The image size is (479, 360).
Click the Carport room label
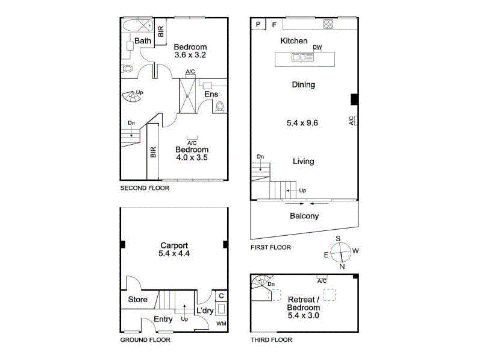174,245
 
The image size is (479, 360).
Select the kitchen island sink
299,57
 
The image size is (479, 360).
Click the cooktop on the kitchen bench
328,24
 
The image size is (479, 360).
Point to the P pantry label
258,25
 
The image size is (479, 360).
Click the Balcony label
304,216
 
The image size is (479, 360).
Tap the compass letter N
342,267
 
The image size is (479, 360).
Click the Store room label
138,300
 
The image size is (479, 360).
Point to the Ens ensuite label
211,95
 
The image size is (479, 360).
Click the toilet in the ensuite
219,107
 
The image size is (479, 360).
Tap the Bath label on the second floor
143,41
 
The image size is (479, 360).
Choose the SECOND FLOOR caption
145,188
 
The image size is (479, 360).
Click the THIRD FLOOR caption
271,340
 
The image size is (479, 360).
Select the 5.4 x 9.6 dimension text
302,123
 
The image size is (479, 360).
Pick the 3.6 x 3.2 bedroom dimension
190,55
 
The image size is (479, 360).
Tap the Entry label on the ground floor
163,319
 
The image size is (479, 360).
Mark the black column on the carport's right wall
225,244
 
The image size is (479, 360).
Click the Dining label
303,85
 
